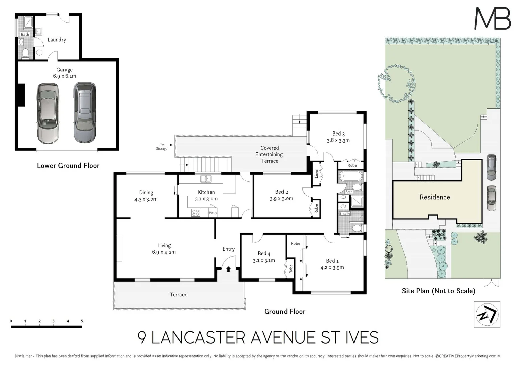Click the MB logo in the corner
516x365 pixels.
[x=493, y=19]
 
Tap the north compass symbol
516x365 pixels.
[x=487, y=315]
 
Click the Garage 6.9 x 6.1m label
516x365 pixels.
[x=65, y=73]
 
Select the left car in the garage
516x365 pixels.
[x=48, y=113]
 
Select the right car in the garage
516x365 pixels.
[x=84, y=112]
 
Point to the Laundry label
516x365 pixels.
[x=56, y=40]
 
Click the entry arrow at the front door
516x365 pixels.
[x=228, y=269]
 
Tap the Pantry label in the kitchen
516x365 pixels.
[x=213, y=213]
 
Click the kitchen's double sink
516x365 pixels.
[x=205, y=179]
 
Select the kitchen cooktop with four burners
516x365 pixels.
[x=196, y=212]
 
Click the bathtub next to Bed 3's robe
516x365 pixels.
[x=350, y=176]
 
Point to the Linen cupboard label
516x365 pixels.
[x=316, y=173]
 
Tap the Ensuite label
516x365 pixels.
[x=345, y=213]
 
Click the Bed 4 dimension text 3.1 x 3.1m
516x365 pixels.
[x=264, y=260]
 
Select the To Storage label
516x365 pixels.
[x=162, y=146]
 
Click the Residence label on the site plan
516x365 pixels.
[x=435, y=197]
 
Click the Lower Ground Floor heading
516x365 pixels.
[x=68, y=165]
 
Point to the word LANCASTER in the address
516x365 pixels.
[x=198, y=337]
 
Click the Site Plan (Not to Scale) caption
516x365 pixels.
[x=438, y=291]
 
